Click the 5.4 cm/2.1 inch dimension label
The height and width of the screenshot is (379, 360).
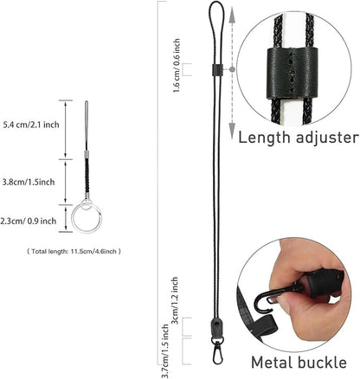click(31, 125)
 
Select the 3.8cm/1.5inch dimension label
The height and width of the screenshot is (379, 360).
click(29, 182)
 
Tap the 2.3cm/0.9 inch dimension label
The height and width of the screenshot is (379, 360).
click(29, 222)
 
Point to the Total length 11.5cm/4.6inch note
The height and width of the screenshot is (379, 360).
click(74, 252)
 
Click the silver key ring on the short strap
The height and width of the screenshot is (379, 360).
click(87, 218)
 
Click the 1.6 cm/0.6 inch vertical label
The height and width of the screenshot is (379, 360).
click(177, 66)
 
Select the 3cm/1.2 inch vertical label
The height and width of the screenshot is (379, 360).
click(175, 300)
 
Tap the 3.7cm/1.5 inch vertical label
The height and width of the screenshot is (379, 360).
click(165, 350)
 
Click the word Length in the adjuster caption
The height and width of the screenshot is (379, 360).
click(264, 138)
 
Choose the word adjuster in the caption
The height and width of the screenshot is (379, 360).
click(327, 138)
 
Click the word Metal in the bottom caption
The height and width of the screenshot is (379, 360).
click(272, 362)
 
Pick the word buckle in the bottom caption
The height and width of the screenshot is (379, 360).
click(322, 362)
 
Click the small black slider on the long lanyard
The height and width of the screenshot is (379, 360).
click(216, 70)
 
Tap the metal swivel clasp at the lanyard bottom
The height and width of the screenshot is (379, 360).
click(217, 350)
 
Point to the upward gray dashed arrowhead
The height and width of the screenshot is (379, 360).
click(232, 17)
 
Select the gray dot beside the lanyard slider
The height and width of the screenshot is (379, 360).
click(233, 69)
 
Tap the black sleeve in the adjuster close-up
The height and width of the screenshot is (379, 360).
click(292, 72)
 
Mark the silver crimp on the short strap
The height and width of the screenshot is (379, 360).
click(87, 155)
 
